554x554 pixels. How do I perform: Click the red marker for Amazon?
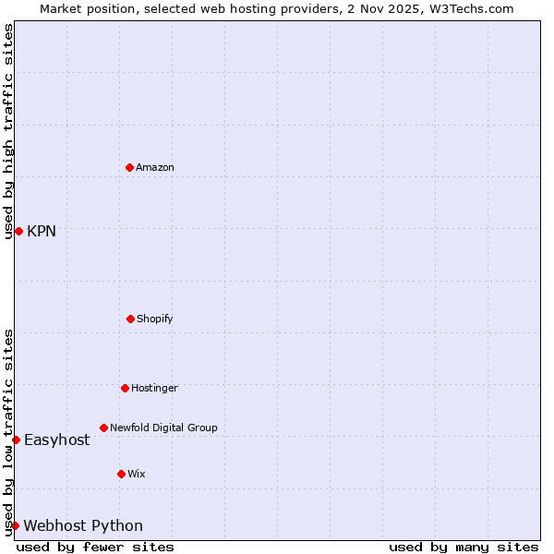click(129, 167)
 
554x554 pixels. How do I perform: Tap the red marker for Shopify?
click(130, 319)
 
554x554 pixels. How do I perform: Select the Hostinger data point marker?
click(125, 388)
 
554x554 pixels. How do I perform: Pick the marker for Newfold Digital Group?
click(103, 428)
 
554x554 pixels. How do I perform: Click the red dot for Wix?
click(121, 474)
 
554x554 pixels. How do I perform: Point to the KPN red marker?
click(18, 231)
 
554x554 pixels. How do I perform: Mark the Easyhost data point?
click(16, 440)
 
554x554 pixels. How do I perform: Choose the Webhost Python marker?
click(15, 525)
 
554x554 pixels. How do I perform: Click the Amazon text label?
click(155, 167)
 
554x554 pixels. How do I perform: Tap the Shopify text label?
click(155, 319)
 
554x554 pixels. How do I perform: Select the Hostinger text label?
click(154, 388)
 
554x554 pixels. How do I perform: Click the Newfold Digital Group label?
click(163, 428)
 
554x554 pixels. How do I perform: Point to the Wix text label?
click(137, 474)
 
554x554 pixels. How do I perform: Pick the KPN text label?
click(42, 231)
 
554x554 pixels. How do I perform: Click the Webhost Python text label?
click(83, 525)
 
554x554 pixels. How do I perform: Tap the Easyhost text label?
click(57, 440)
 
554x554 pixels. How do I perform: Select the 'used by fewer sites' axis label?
click(95, 547)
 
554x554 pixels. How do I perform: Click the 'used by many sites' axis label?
click(464, 547)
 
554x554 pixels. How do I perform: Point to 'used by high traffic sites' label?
click(8, 131)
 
